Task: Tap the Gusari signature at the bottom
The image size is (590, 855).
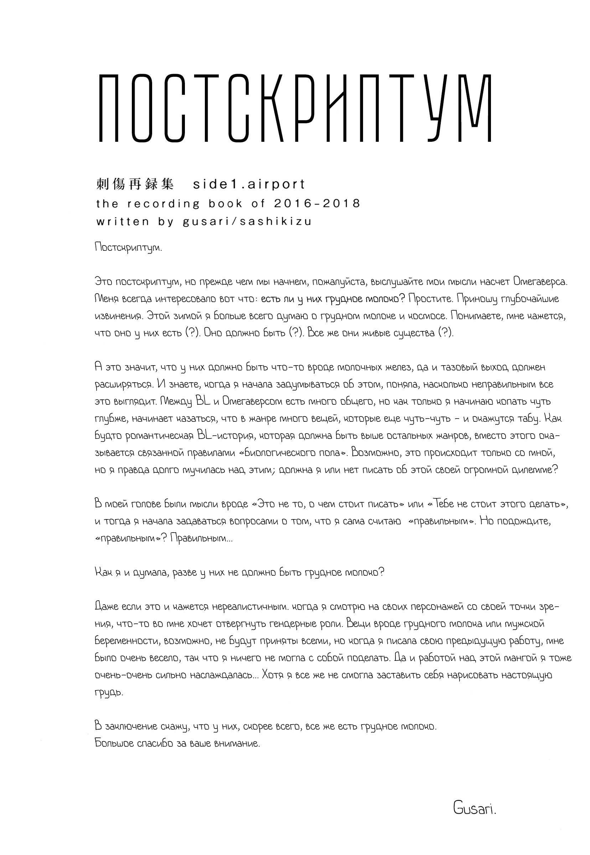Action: [x=474, y=809]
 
